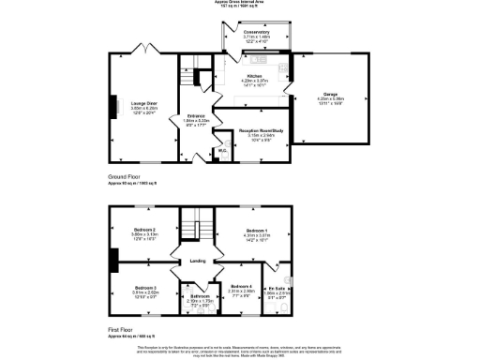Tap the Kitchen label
tap(253, 77)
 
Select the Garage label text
tap(330, 94)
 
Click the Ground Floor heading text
tap(124, 175)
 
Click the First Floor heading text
tap(121, 330)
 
